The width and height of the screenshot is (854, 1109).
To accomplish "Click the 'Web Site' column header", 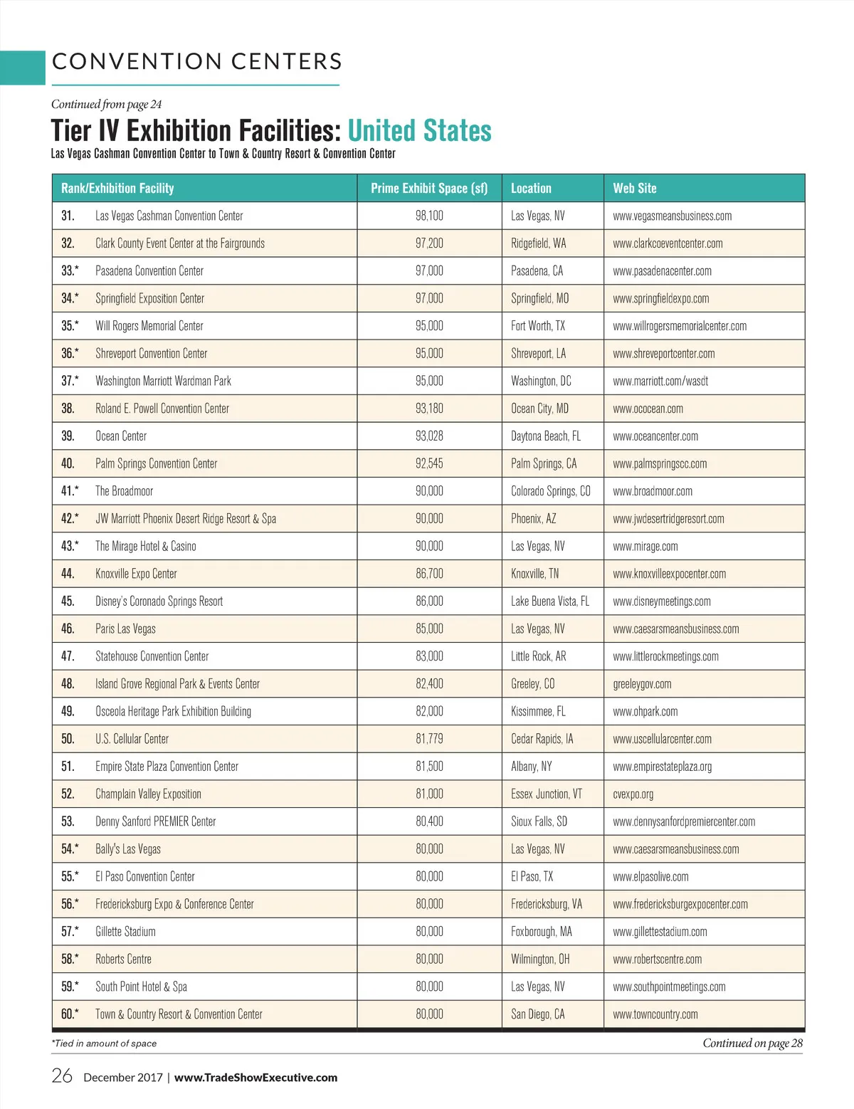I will pos(635,189).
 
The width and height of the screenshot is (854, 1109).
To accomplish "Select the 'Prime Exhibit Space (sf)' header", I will pos(429,189).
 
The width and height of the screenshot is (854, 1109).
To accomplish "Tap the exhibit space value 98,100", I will pos(429,216).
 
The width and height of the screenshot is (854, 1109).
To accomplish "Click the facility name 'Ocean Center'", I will pos(121,436).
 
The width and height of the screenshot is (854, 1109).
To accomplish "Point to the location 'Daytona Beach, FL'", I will pos(546,436).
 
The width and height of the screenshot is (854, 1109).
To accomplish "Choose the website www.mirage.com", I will pos(645,547).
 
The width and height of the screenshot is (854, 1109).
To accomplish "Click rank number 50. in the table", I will pos(68,739).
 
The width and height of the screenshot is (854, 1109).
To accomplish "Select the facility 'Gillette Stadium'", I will pos(125,932).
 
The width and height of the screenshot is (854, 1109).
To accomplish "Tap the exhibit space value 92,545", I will pos(429,464).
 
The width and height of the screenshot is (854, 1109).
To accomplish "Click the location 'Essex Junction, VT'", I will pos(547,794).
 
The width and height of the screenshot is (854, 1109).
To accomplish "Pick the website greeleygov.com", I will pos(642,684).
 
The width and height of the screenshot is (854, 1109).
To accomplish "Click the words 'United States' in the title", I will pos(420,132).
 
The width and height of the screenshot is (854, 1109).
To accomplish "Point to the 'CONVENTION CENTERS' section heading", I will pos(197,62).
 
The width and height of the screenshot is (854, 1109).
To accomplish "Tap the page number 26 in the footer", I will pos(62,1076).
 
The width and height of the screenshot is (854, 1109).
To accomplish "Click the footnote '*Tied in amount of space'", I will pos(104,1044).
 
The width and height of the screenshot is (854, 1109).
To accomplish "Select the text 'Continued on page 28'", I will pos(752,1044).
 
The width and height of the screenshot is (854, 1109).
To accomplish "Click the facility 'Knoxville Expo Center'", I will pos(136,574).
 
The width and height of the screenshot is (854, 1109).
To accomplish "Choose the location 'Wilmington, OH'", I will pos(540,960).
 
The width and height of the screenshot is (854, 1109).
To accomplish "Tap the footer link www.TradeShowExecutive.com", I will pos(255,1078).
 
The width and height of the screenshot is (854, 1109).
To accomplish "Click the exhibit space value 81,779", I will pos(429,739).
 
